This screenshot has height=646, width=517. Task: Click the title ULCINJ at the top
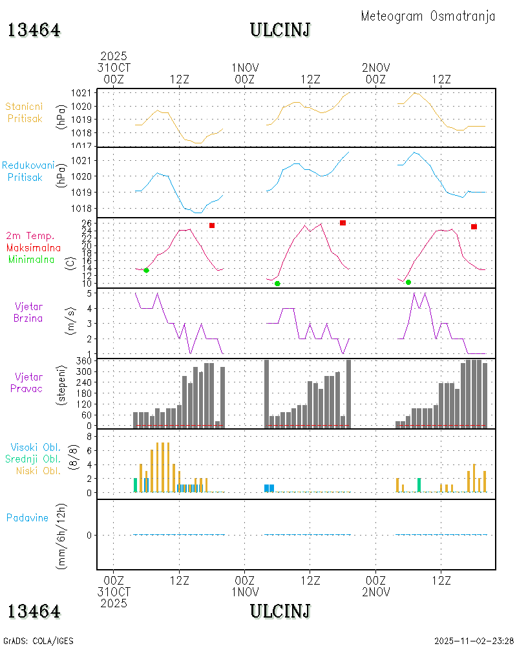280,30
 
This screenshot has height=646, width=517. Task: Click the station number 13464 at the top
34,30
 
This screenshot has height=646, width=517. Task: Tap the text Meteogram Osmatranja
428,16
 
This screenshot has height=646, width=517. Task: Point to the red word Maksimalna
34,247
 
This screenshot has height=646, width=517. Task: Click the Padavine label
27,517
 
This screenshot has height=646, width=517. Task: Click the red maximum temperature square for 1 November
343,223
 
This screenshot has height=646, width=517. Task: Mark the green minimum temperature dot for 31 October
146,270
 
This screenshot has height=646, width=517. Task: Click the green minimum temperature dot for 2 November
408,282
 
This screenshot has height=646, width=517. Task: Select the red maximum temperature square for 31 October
211,225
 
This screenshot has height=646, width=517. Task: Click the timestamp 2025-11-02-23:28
474,641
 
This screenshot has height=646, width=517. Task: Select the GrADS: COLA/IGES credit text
39,641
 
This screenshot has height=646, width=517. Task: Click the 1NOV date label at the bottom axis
244,592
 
